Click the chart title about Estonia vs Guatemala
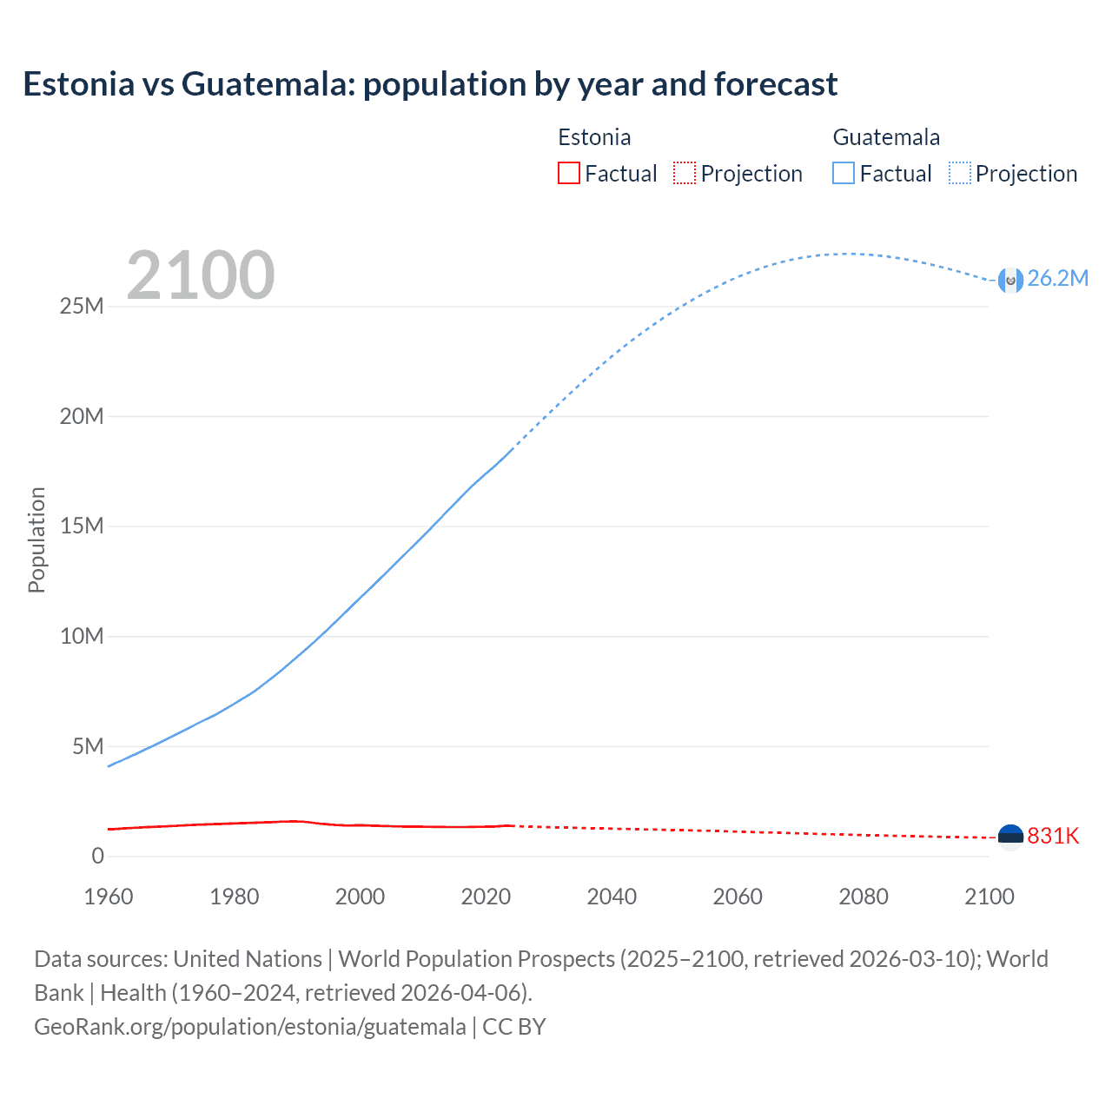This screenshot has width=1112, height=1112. [x=430, y=84]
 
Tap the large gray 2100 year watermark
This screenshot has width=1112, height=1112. [x=201, y=275]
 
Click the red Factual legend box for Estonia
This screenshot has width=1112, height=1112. [x=568, y=173]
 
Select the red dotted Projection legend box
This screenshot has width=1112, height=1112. [x=685, y=173]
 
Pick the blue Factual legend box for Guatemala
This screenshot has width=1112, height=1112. [x=844, y=173]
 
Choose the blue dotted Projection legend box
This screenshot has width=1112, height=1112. [x=960, y=173]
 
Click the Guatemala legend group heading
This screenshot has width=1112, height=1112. [x=886, y=137]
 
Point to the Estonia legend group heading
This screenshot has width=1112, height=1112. [x=594, y=137]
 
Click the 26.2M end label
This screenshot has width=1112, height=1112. [x=1057, y=278]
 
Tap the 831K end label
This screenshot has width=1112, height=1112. [x=1053, y=836]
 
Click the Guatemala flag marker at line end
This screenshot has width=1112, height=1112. [x=1010, y=280]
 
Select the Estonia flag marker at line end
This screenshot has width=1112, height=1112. [x=1010, y=837]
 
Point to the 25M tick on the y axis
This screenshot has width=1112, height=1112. [x=82, y=307]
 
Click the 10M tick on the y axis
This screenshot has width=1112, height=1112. [x=82, y=636]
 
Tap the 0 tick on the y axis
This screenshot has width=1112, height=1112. [x=97, y=856]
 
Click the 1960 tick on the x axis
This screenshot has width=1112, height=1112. [x=109, y=897]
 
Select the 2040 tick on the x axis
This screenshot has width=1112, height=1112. [x=612, y=897]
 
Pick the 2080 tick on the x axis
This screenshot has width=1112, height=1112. [x=864, y=897]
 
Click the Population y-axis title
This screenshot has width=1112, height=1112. [x=36, y=539]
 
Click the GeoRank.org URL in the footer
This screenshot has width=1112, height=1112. [x=250, y=1027]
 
